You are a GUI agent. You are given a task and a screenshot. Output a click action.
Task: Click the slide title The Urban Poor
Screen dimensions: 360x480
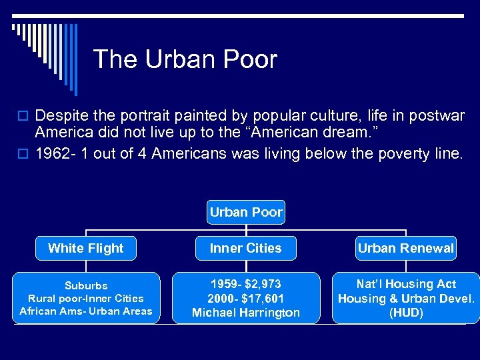[x=185, y=59]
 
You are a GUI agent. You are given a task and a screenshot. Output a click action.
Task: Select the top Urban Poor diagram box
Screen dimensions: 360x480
[x=246, y=213]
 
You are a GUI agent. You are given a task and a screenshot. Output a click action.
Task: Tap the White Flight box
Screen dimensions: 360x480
[x=86, y=248]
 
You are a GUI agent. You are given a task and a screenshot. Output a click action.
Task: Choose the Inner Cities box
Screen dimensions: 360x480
[x=246, y=248]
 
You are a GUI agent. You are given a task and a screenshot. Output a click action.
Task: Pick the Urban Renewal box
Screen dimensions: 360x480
[x=405, y=248]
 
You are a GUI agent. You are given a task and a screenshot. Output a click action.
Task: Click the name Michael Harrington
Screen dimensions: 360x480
[x=246, y=312]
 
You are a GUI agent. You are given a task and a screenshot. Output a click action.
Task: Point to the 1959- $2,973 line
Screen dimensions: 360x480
[x=246, y=285]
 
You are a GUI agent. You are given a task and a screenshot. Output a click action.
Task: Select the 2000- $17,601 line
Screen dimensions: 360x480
[x=246, y=299]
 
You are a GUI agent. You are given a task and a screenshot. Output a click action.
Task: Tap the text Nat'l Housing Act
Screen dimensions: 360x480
[x=405, y=285]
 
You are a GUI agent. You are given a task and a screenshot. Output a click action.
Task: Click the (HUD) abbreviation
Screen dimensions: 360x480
[x=405, y=312]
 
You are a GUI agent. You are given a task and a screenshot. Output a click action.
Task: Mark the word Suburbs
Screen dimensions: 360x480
[x=86, y=285]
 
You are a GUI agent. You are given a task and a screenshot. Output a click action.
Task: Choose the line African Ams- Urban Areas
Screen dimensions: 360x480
[x=86, y=311]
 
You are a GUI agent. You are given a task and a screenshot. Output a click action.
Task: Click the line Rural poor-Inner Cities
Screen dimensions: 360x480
[x=86, y=298]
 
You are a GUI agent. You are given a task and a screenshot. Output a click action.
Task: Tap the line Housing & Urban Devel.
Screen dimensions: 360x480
[x=405, y=299]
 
